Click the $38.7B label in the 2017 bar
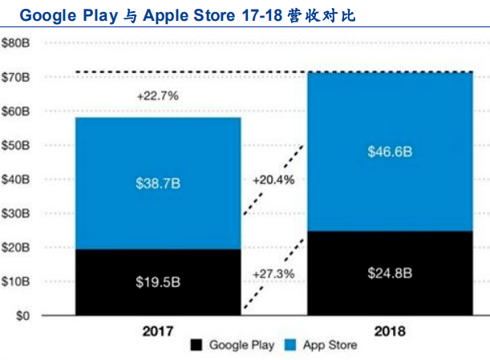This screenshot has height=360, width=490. pyautogui.click(x=158, y=184)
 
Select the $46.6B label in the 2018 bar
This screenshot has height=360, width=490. pyautogui.click(x=391, y=151)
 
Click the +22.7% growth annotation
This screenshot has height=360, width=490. pyautogui.click(x=157, y=95)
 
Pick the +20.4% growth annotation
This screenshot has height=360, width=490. pyautogui.click(x=273, y=180)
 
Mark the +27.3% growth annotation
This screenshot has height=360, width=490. pyautogui.click(x=273, y=273)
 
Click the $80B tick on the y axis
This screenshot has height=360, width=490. pyautogui.click(x=17, y=43)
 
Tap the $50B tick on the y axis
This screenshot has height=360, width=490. pyautogui.click(x=17, y=146)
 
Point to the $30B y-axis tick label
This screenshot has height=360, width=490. pyautogui.click(x=17, y=214)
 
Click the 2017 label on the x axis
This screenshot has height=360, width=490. pyautogui.click(x=158, y=331)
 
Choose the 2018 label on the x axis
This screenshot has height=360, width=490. pyautogui.click(x=391, y=331)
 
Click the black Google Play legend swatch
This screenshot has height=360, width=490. pyautogui.click(x=196, y=346)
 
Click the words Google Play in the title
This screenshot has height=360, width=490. pyautogui.click(x=59, y=14)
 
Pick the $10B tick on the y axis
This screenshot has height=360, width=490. pyautogui.click(x=17, y=282)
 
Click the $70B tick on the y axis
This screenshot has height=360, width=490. pyautogui.click(x=17, y=78)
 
